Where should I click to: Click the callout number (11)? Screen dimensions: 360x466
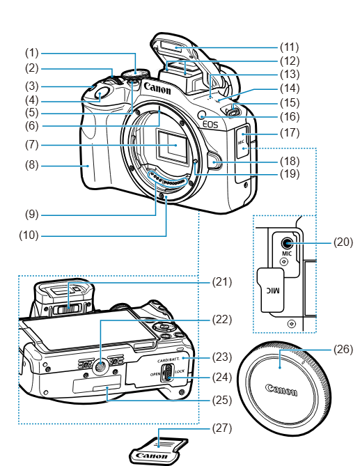click(x=289, y=47)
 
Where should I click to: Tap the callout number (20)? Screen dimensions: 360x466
click(x=343, y=242)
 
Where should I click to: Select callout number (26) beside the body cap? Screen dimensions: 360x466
click(x=343, y=350)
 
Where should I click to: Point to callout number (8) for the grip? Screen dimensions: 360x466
click(x=32, y=165)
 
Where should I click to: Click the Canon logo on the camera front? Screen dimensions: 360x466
click(x=157, y=88)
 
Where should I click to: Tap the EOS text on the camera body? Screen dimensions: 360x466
click(x=210, y=124)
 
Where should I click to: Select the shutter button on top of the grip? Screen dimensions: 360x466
click(x=100, y=95)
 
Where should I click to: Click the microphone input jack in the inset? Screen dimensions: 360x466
click(x=287, y=243)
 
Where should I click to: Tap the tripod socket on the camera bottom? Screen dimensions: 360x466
click(x=100, y=366)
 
